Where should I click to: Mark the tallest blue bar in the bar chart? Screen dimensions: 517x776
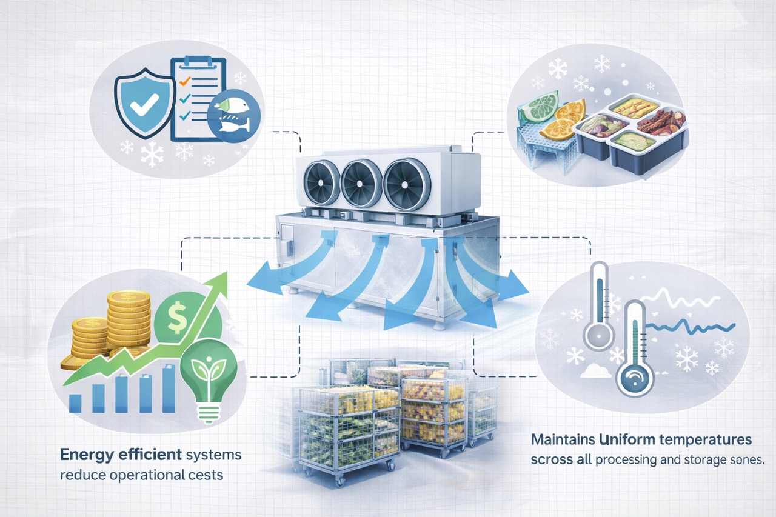(x=168, y=388)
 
